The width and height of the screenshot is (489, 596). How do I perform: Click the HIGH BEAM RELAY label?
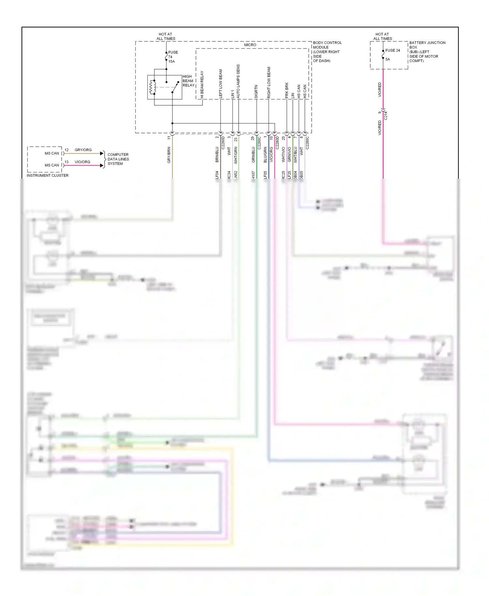pos(188,81)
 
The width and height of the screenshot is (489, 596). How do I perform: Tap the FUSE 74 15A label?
pos(172,57)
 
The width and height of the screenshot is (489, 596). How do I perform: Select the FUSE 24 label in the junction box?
pos(393,51)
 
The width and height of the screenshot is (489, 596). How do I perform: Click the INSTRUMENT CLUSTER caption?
pos(48,175)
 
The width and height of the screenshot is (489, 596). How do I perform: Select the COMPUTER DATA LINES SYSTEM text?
pos(118,159)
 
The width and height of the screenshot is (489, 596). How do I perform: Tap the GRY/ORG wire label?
pos(83,150)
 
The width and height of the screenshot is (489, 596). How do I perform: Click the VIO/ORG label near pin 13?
pos(82,162)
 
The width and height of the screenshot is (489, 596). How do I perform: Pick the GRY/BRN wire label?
pos(169,155)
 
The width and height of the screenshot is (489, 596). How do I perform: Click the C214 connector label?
pos(386,115)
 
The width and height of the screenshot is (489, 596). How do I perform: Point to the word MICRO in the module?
pos(250,45)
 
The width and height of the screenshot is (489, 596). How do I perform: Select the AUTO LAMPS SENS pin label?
pos(238,82)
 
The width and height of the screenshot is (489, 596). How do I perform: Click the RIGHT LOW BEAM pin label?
pos(269,82)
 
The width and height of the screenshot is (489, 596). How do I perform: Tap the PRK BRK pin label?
pos(287,90)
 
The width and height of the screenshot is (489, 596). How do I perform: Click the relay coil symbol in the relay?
pos(151,87)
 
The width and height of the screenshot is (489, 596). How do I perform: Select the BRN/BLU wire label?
pos(217,155)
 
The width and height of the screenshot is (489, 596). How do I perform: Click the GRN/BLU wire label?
pos(253,155)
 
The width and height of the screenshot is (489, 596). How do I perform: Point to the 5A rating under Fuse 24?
pos(388,59)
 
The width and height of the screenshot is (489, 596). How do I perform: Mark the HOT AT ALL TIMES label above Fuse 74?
pos(166,36)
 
